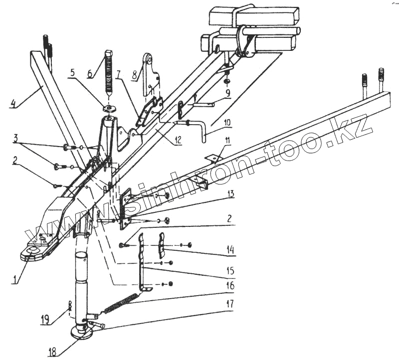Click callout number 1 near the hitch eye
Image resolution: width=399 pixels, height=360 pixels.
[16, 279]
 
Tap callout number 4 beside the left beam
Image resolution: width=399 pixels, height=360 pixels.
[13, 103]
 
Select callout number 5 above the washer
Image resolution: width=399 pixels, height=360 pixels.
[73, 72]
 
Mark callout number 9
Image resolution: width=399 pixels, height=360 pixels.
[227, 93]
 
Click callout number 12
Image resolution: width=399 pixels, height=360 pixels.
[178, 140]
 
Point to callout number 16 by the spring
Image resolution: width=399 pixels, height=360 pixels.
[230, 285]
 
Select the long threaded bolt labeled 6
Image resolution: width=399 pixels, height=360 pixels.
[109, 72]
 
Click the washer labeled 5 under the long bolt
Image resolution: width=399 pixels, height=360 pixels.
[109, 109]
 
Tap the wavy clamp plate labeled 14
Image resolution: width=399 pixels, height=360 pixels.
[161, 245]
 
